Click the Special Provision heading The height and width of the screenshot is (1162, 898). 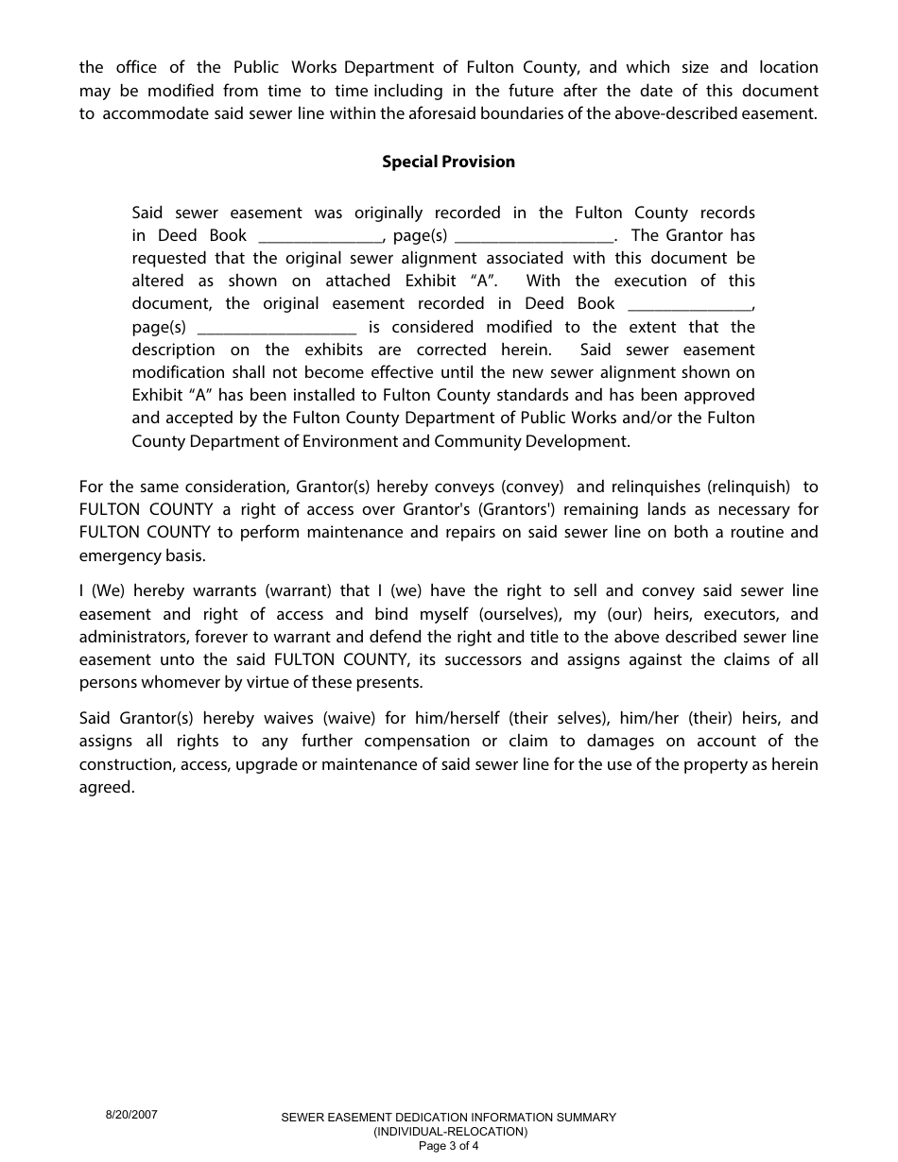(x=448, y=162)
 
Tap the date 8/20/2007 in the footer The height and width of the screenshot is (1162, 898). (x=131, y=1115)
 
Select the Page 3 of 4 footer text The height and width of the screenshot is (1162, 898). (x=449, y=1147)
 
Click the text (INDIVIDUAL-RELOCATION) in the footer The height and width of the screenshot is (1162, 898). (x=450, y=1132)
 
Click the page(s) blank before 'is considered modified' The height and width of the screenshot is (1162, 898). (x=278, y=328)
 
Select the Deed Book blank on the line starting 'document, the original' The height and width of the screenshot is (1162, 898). (x=690, y=304)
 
